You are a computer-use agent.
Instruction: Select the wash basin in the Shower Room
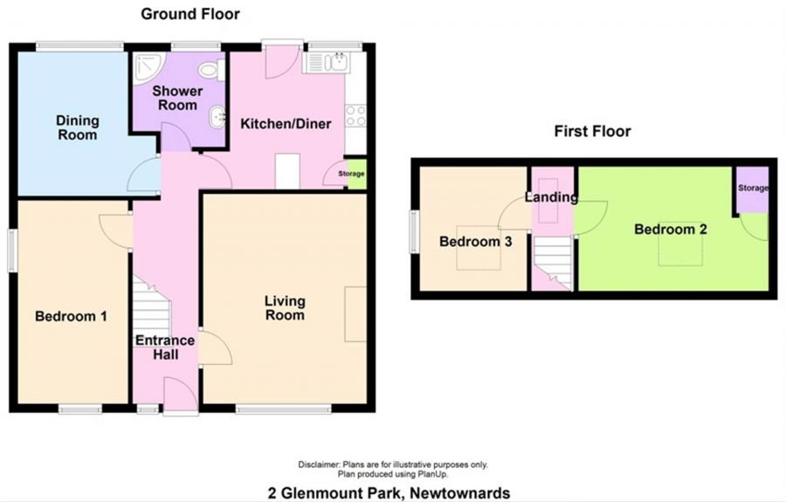pos(215,115)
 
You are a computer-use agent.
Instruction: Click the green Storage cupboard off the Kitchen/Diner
pos(355,173)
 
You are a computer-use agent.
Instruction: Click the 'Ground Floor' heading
pos(190,14)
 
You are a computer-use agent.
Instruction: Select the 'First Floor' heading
pos(592,132)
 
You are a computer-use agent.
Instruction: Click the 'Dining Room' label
pos(78,127)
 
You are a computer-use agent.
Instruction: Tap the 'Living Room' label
pos(285,308)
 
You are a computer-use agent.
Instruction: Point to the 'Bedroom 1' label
pos(71,317)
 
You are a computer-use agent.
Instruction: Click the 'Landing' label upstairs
pos(551,197)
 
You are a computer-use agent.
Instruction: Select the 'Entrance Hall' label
pos(157,347)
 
